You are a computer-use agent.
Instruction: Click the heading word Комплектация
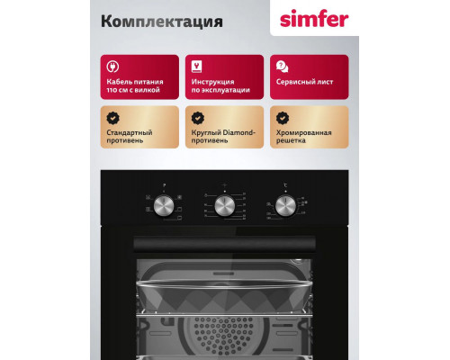tap(148, 20)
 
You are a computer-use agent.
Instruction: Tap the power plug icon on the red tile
tap(112, 66)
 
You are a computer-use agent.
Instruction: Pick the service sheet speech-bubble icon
tap(282, 66)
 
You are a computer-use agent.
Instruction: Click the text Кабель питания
tap(133, 83)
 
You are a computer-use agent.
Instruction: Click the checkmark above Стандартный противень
tap(112, 118)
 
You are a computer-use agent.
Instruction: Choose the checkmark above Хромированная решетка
tap(282, 118)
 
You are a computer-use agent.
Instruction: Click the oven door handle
tap(224, 242)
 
